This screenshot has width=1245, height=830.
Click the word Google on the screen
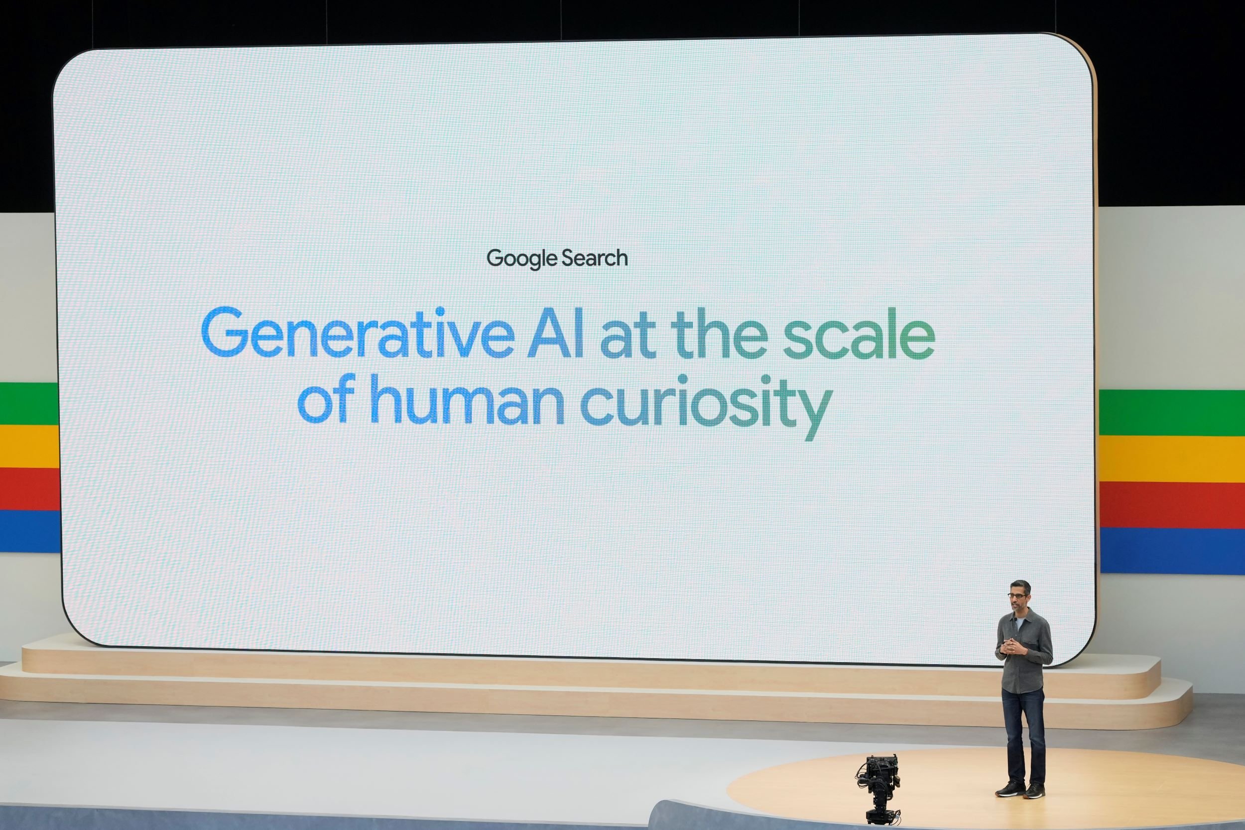coord(522,259)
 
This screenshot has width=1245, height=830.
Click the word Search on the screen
coord(595,258)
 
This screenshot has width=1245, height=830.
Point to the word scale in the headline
coord(859,335)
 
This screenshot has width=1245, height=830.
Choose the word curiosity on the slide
coord(705,403)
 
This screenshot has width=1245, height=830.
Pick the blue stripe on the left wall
coord(29,530)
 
